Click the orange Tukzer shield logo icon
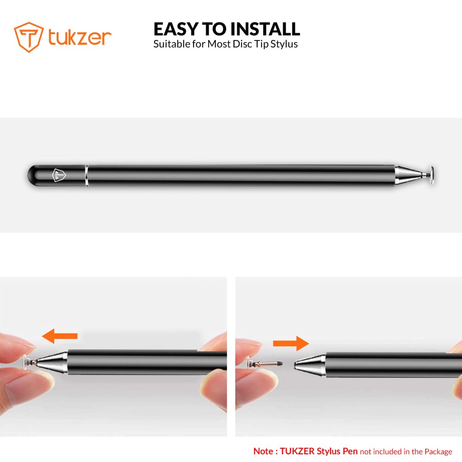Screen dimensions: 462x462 28,37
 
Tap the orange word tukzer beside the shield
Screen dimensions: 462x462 80,37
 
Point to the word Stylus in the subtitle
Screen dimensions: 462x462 284,44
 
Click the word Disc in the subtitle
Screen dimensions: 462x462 242,44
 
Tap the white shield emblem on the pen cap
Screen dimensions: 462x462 59,175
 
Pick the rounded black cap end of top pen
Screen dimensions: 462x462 35,175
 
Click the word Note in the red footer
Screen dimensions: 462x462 263,451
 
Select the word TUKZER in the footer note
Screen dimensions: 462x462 297,451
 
